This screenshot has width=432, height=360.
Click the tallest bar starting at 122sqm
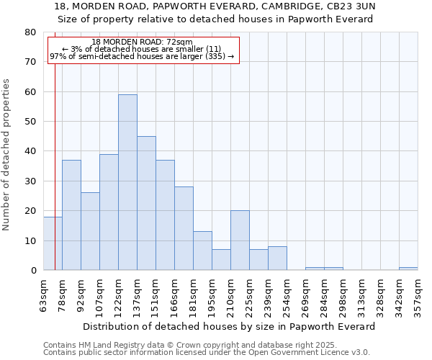(x=127, y=182)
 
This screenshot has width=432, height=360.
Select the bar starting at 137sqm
(x=146, y=203)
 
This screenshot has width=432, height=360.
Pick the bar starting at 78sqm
(x=71, y=215)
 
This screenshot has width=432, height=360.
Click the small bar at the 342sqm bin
(x=408, y=269)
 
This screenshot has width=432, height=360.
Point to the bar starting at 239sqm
(x=277, y=258)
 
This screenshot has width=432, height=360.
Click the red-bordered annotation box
(x=143, y=50)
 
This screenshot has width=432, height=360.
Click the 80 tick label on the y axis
(x=30, y=32)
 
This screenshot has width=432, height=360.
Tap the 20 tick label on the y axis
(x=30, y=211)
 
